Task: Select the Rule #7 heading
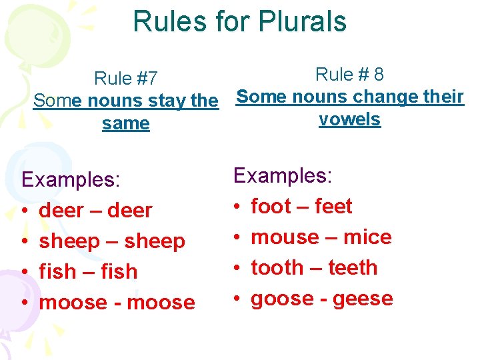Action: pyautogui.click(x=126, y=79)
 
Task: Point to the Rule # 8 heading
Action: pyautogui.click(x=349, y=74)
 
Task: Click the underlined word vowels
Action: pyautogui.click(x=349, y=119)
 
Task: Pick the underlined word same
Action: pyautogui.click(x=126, y=124)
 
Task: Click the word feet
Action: pyautogui.click(x=333, y=207)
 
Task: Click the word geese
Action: pyautogui.click(x=363, y=299)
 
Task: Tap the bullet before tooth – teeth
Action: pyautogui.click(x=237, y=269)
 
